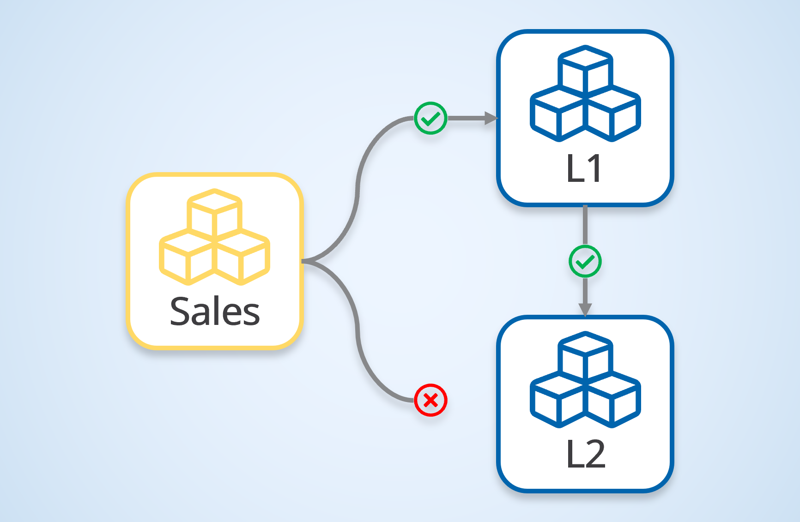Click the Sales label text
pos(215,312)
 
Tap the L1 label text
pos(584,168)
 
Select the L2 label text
pos(585,454)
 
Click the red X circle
pos(430,400)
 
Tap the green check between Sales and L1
pos(430,119)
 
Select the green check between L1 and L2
pos(585,262)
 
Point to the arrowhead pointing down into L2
pos(585,309)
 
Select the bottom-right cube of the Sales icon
pos(242,258)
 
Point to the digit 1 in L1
pos(593,168)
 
